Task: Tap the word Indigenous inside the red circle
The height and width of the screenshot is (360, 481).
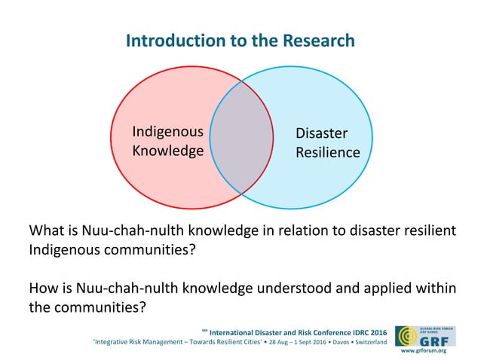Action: point(167,132)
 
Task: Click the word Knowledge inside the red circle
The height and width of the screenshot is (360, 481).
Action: point(167,151)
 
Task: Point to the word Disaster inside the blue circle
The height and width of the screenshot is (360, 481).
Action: point(321,133)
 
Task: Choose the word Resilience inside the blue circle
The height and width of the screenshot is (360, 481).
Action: point(327,153)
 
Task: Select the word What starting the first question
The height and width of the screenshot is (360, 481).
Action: point(44,230)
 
